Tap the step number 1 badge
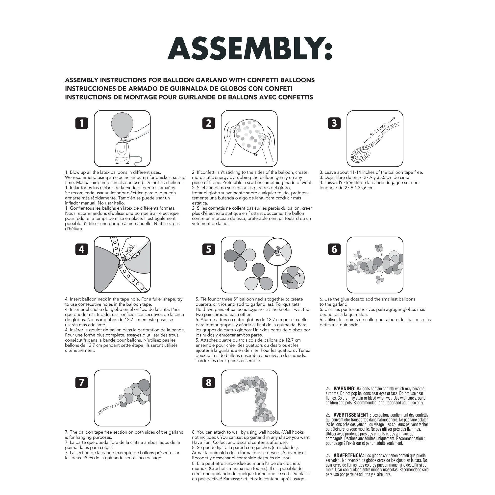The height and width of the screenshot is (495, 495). point(82,123)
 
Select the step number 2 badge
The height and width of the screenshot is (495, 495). point(209,123)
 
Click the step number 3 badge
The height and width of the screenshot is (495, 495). point(334,123)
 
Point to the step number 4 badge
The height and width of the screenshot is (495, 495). point(82,249)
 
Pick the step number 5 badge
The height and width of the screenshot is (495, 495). point(209,249)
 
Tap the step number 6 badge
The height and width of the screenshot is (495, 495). point(334,249)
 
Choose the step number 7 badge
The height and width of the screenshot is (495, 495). point(82,383)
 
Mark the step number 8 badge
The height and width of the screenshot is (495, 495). point(209,383)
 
